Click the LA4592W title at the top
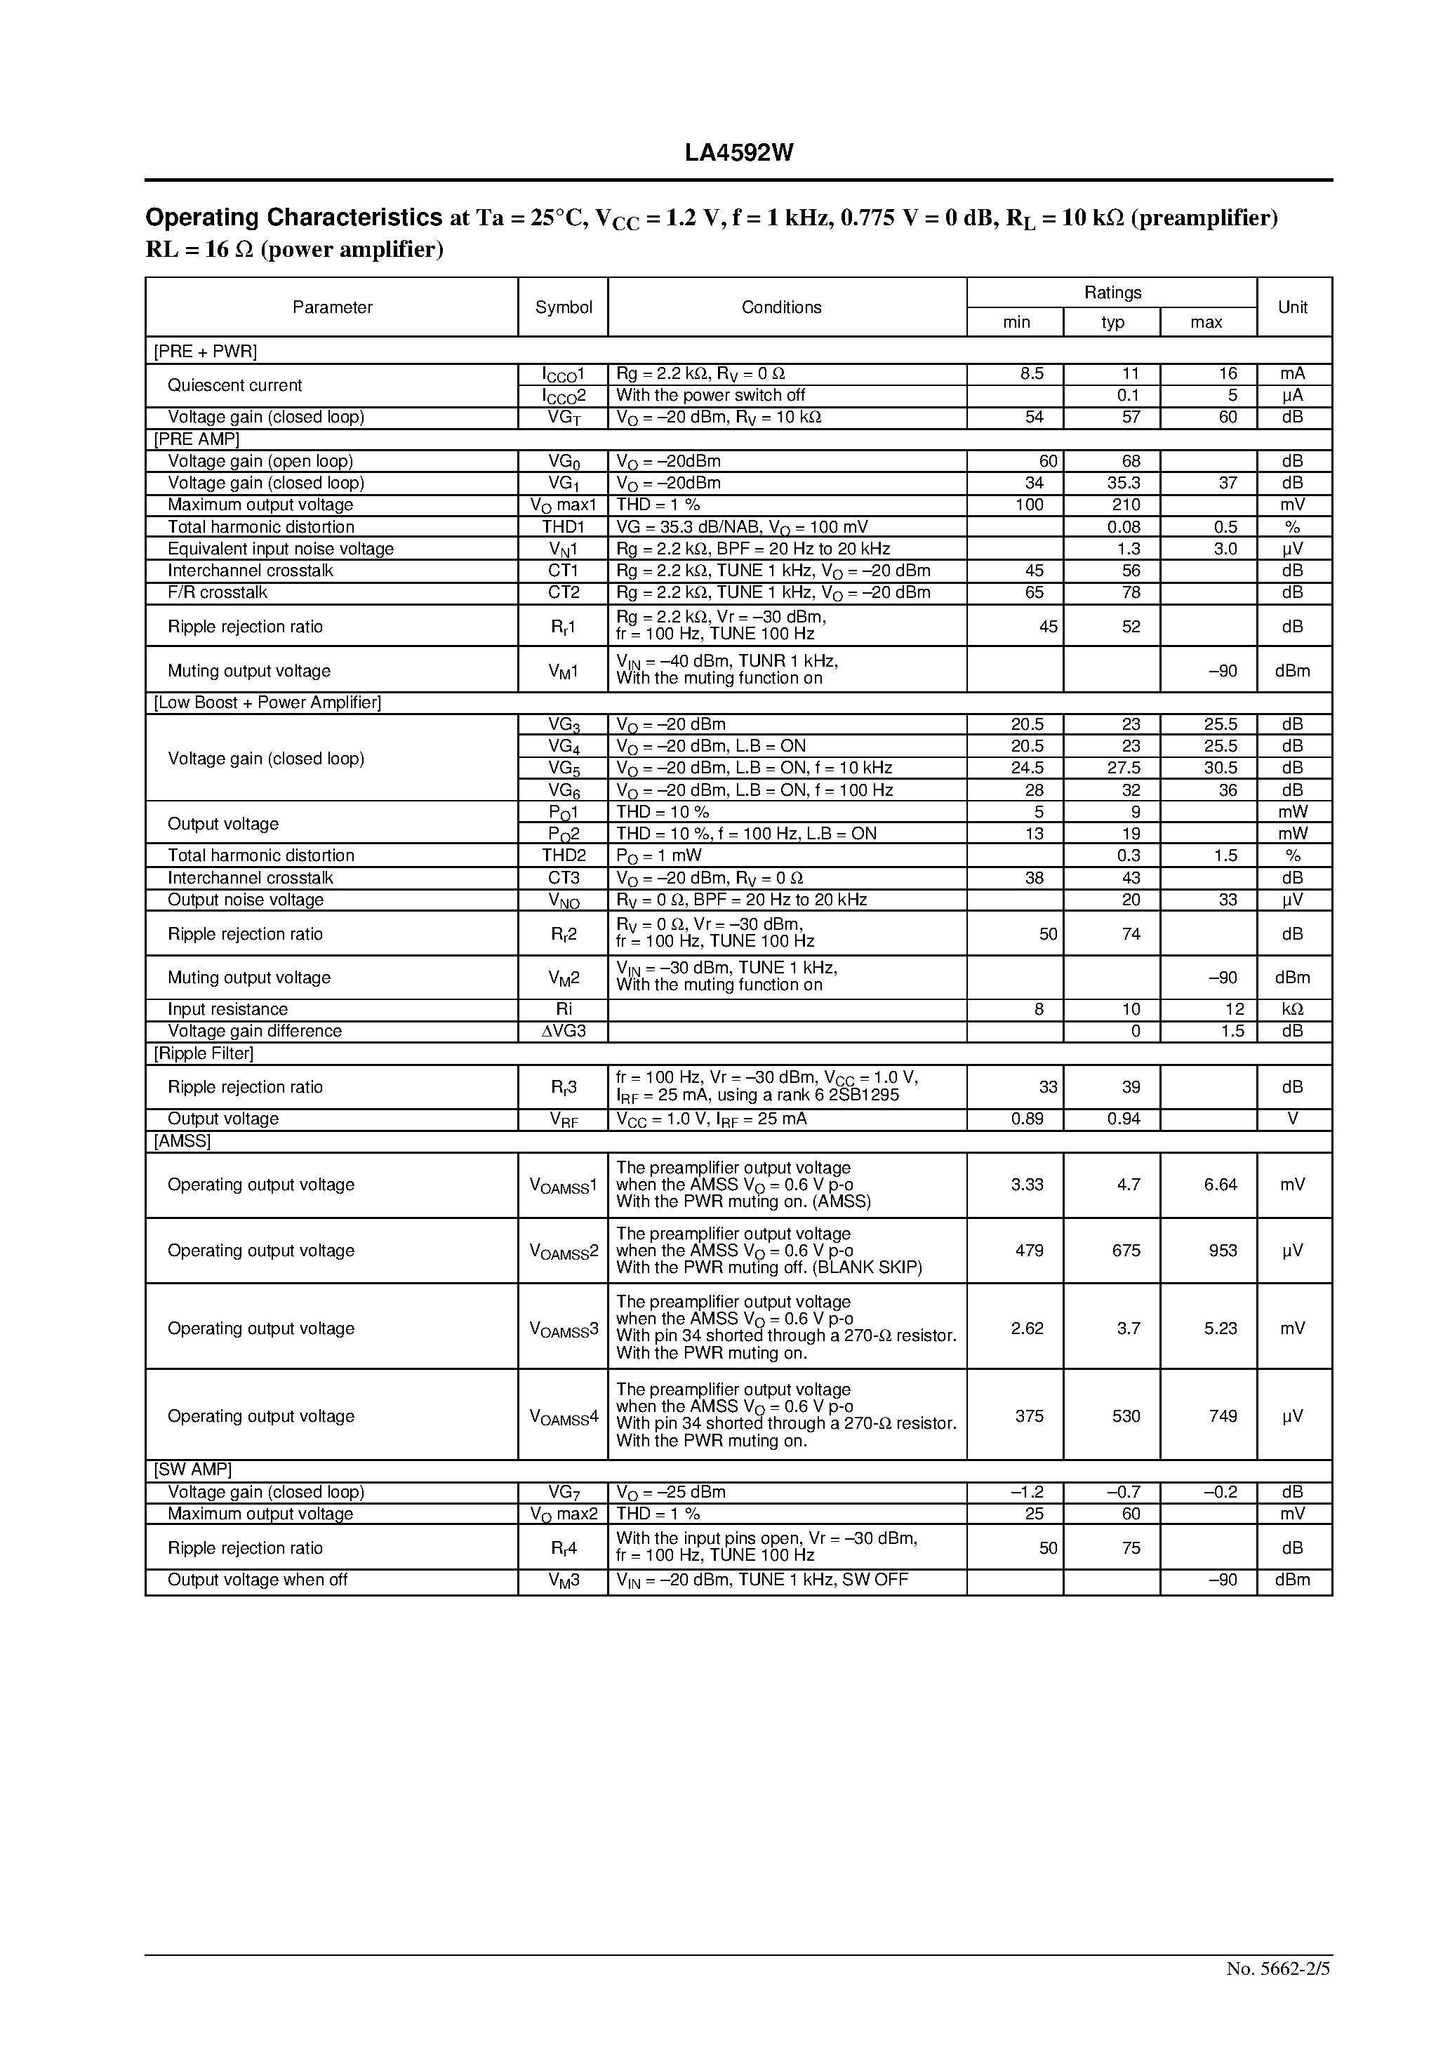click(738, 154)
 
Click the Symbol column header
click(563, 307)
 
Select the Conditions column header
click(781, 307)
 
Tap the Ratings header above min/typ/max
click(1112, 292)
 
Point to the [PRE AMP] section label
click(197, 439)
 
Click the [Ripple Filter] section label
click(204, 1053)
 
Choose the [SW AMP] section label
click(193, 1470)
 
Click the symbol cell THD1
click(563, 527)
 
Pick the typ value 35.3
click(1124, 484)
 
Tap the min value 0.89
click(1027, 1119)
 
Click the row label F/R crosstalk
click(218, 592)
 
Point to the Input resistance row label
click(228, 1009)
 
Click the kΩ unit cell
click(1293, 1009)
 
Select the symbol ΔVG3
click(563, 1032)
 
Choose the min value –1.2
click(1025, 1492)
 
